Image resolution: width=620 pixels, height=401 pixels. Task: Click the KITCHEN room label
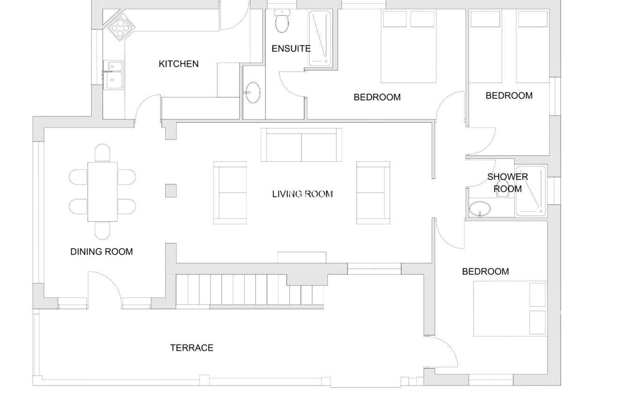178,64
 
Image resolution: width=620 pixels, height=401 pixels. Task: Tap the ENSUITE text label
291,48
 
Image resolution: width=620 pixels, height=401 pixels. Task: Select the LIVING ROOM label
302,194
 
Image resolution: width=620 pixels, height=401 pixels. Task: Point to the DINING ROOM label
102,252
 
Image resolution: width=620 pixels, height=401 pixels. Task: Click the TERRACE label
192,348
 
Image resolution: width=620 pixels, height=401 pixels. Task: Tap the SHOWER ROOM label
508,183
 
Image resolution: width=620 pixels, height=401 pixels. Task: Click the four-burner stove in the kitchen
121,28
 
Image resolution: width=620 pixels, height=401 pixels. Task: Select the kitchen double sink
113,75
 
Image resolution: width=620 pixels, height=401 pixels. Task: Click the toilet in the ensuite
282,21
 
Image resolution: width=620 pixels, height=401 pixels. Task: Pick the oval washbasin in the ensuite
252,92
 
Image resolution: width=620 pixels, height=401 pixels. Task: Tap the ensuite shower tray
320,38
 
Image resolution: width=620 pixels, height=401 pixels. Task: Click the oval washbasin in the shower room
480,209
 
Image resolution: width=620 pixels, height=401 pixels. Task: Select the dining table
103,192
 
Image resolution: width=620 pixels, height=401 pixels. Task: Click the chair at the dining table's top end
103,153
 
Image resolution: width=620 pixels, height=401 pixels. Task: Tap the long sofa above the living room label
301,145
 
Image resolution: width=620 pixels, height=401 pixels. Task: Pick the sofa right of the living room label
373,193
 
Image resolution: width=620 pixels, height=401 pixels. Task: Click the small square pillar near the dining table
171,191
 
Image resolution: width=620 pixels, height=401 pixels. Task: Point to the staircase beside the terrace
250,291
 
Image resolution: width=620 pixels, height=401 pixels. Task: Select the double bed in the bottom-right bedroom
510,309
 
